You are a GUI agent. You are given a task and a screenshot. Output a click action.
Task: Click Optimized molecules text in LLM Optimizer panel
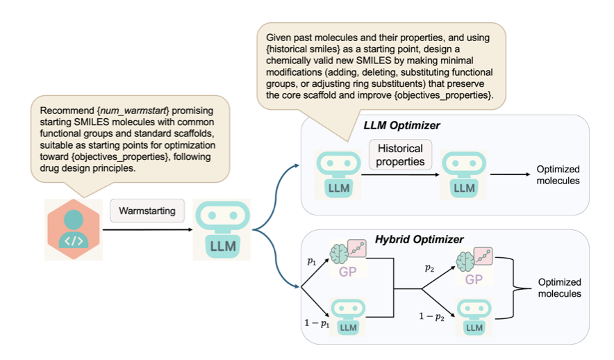click(x=558, y=175)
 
